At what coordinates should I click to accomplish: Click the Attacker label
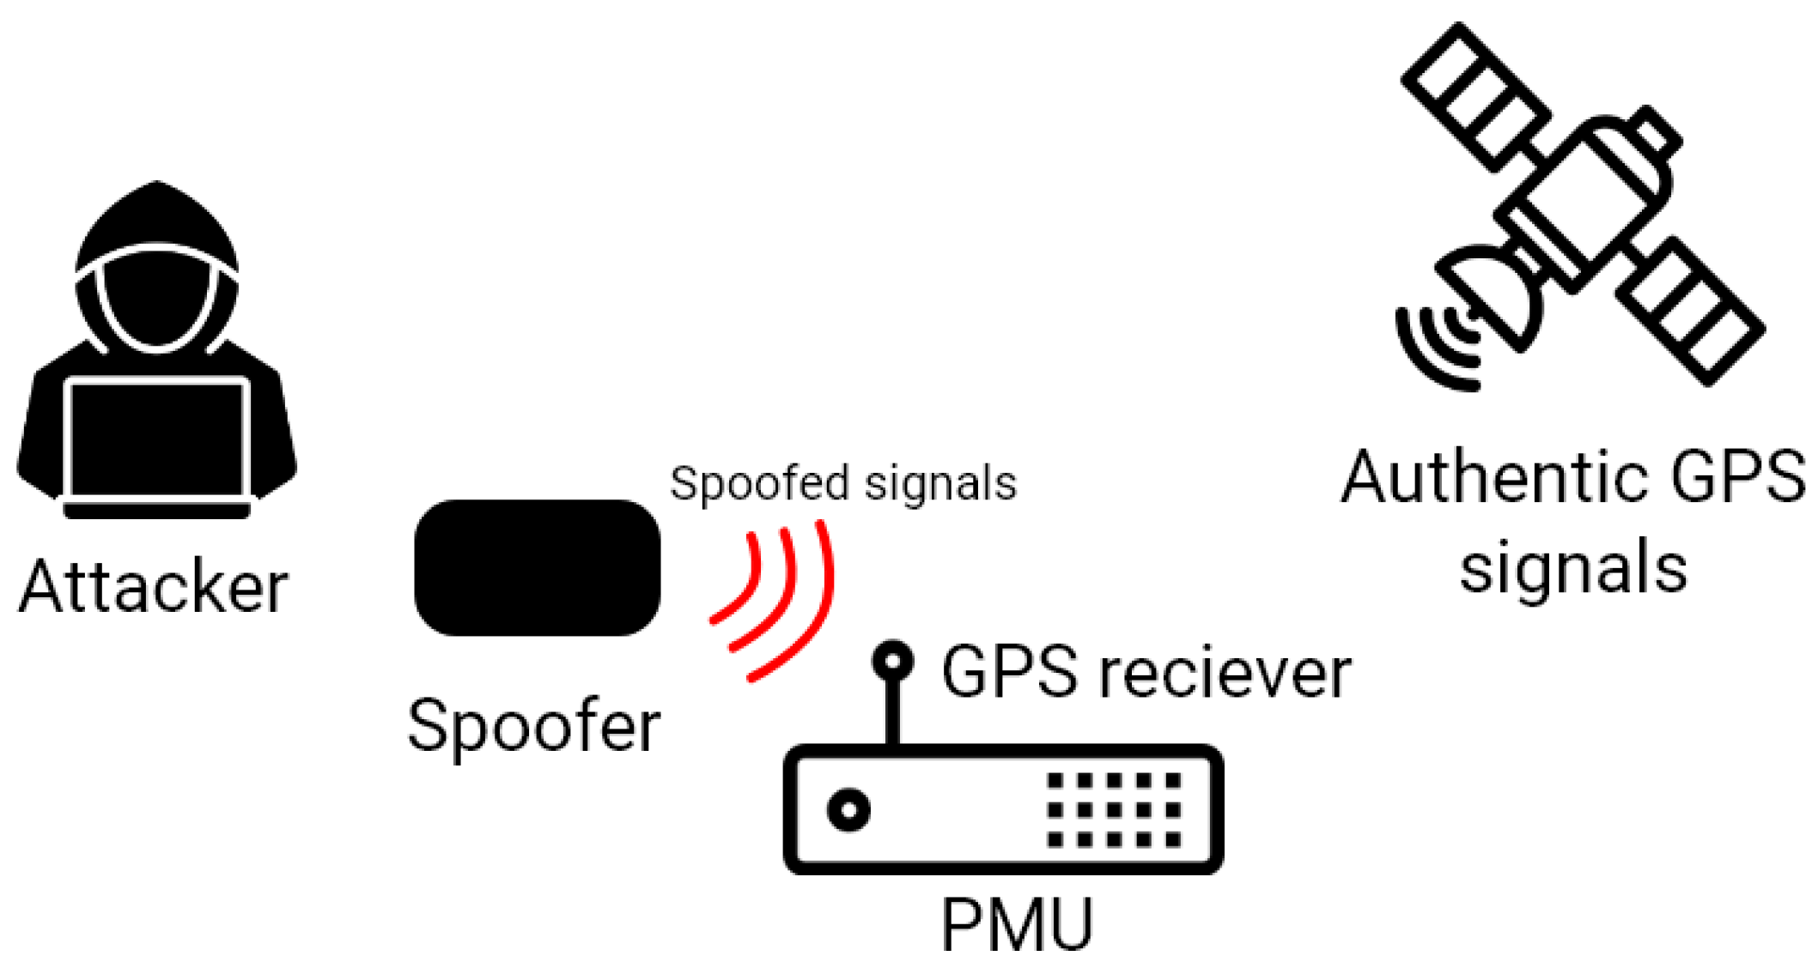(153, 588)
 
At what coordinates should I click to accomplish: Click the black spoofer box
(538, 567)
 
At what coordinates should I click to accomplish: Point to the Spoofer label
(533, 727)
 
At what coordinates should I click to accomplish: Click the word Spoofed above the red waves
(762, 484)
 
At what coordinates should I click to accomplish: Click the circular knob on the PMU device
(848, 809)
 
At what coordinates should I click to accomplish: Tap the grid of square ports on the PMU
(1114, 809)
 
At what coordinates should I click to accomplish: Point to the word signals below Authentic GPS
(1573, 568)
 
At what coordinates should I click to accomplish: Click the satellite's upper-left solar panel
(1476, 95)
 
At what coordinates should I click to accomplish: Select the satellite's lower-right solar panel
(1689, 311)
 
